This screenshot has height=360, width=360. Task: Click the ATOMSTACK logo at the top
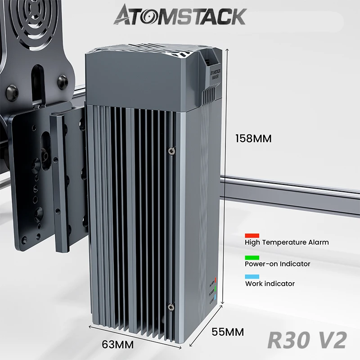pyautogui.click(x=180, y=16)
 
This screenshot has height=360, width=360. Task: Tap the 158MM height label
pyautogui.click(x=253, y=139)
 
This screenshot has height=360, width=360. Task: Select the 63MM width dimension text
pyautogui.click(x=118, y=345)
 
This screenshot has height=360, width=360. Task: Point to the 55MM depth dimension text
pyautogui.click(x=228, y=332)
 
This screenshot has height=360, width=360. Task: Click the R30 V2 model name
pyautogui.click(x=307, y=341)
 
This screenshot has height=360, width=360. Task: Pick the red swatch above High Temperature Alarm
pyautogui.click(x=252, y=235)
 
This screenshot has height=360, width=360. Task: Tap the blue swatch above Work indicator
pyautogui.click(x=252, y=277)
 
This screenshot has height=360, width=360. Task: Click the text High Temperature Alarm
pyautogui.click(x=287, y=242)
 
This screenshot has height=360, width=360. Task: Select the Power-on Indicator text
pyautogui.click(x=278, y=264)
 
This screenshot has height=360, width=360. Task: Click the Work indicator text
pyautogui.click(x=270, y=283)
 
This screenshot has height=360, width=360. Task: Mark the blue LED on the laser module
pyautogui.click(x=216, y=297)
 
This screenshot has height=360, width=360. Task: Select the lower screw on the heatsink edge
pyautogui.click(x=170, y=307)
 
